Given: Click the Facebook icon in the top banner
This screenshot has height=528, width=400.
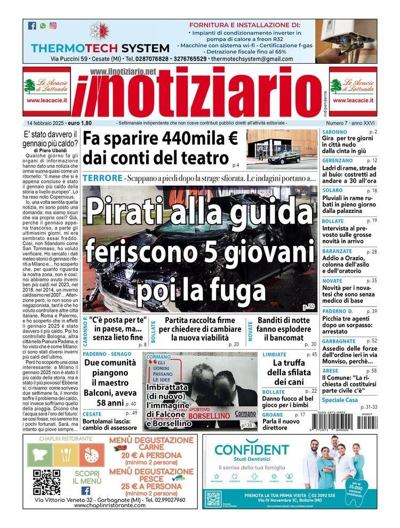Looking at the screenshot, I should pyautogui.click(x=32, y=26).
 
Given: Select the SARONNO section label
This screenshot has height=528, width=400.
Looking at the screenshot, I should pyautogui.click(x=334, y=131).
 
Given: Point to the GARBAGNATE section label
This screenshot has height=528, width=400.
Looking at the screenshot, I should pyautogui.click(x=340, y=341).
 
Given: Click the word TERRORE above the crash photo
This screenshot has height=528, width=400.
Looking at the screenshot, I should pyautogui.click(x=102, y=177).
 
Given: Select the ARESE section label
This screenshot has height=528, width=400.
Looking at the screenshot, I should pyautogui.click(x=331, y=370).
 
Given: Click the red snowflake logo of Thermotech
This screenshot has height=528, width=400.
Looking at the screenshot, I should pyautogui.click(x=99, y=30).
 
